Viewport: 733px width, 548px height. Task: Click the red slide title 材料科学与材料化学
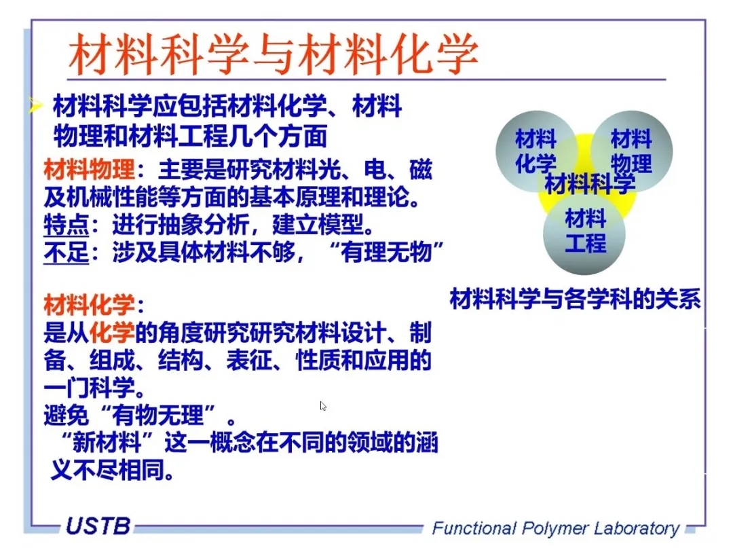point(274,54)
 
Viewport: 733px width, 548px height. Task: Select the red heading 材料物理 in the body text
point(89,169)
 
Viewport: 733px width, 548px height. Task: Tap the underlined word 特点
point(67,225)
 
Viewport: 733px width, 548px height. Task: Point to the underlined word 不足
point(67,253)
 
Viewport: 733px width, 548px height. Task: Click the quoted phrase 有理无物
point(386,253)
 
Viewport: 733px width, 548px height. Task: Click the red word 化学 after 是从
point(112,333)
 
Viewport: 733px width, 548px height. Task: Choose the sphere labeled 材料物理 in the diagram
point(632,151)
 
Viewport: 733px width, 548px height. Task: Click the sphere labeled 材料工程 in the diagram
point(584,234)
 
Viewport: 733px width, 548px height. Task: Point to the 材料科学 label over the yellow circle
point(590,183)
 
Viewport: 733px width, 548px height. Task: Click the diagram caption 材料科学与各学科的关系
point(575,299)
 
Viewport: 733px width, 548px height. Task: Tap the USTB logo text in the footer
point(98,526)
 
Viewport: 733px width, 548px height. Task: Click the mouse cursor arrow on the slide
point(323,406)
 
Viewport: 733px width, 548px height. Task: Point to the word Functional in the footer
point(474,528)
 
